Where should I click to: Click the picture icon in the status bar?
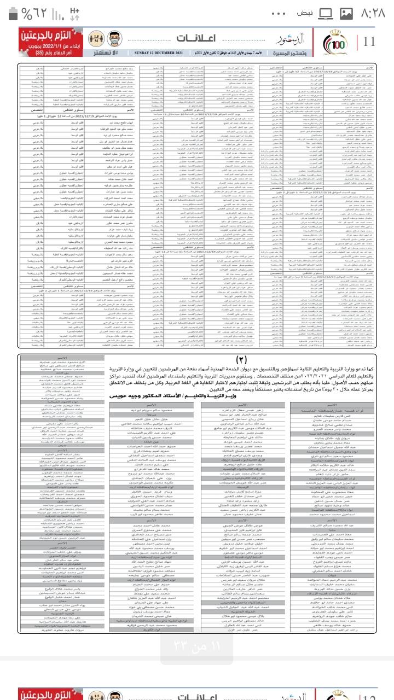click(x=346, y=13)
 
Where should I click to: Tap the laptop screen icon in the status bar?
click(x=326, y=13)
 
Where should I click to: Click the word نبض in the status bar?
click(x=305, y=13)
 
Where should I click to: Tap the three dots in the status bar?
click(x=279, y=13)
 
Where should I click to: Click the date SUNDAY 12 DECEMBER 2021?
click(x=159, y=52)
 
